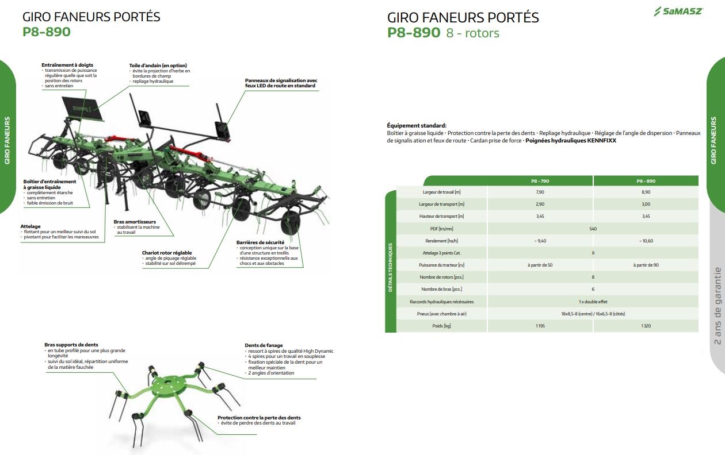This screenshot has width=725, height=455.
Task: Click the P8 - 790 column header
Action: [x=540, y=181]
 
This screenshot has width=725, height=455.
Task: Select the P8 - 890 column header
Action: [x=646, y=181]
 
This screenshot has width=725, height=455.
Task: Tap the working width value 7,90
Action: [x=540, y=192]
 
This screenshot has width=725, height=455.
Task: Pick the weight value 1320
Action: [x=646, y=326]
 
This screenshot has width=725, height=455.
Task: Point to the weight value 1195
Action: [x=540, y=326]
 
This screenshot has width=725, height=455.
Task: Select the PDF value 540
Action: [x=593, y=229]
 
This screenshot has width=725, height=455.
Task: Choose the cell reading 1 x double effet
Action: [x=593, y=302]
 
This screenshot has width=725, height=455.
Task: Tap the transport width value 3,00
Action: [x=646, y=204]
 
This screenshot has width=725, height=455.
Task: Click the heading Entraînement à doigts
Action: [x=67, y=65]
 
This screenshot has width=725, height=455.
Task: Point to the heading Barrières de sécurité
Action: [x=260, y=242]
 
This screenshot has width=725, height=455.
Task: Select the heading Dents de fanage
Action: [x=264, y=346]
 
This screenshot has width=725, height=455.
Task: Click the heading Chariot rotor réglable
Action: [x=167, y=253]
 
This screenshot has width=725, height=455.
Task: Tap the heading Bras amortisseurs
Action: [x=135, y=222]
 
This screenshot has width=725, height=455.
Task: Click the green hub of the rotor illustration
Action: [x=171, y=384]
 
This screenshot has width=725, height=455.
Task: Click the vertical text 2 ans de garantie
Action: [x=717, y=306]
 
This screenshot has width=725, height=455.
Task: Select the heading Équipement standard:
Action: [x=417, y=126]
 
